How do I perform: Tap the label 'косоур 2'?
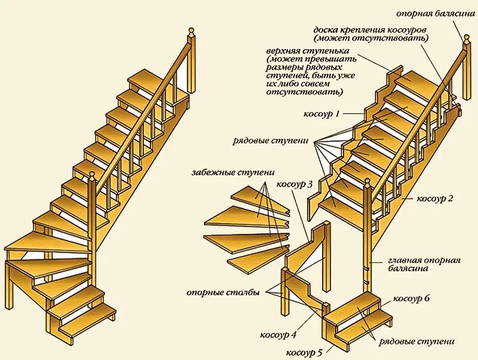pyautogui.click(x=434, y=199)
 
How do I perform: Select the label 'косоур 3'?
pyautogui.click(x=294, y=184)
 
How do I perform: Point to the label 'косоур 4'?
pyautogui.click(x=278, y=334)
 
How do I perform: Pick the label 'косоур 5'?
pyautogui.click(x=304, y=352)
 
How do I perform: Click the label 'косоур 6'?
pyautogui.click(x=411, y=298)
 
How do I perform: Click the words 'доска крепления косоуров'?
pyautogui.click(x=371, y=29)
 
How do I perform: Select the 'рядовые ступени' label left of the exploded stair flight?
pyautogui.click(x=270, y=141)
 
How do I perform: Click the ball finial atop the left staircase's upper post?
pyautogui.click(x=191, y=29)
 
